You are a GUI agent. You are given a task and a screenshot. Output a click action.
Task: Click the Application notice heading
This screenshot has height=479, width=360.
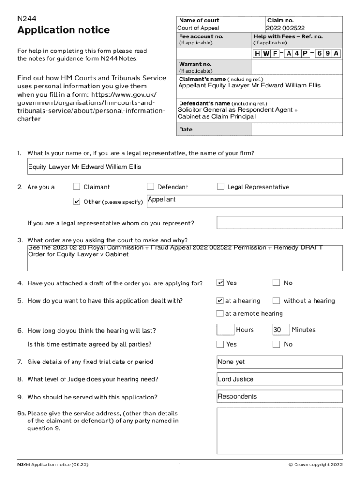[x=64, y=30]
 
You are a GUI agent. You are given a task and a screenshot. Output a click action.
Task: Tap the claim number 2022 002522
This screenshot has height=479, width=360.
[x=285, y=28]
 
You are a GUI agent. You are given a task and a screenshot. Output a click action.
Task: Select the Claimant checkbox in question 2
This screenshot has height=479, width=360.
[x=77, y=187]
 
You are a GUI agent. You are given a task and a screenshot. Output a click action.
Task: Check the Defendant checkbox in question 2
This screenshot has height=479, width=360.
[x=151, y=187]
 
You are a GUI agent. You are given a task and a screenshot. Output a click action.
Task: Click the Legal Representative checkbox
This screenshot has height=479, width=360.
[x=221, y=187]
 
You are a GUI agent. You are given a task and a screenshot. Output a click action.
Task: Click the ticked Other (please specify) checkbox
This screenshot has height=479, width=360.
[x=77, y=202]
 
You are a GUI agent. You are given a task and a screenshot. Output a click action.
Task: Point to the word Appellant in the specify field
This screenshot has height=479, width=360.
[x=162, y=200]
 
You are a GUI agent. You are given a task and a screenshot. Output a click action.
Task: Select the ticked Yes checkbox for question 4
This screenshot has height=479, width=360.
[x=220, y=283]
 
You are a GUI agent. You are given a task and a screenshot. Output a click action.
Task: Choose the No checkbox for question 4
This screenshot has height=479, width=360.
[x=276, y=283]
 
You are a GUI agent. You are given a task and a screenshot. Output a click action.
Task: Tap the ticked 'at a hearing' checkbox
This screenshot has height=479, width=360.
[x=220, y=300]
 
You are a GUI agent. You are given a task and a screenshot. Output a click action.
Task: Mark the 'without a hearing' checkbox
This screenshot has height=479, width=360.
[x=276, y=300]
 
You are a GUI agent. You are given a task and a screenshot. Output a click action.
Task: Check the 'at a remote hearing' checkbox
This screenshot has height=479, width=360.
[x=220, y=313]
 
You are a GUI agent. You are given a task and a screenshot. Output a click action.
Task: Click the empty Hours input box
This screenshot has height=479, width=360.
[x=225, y=330]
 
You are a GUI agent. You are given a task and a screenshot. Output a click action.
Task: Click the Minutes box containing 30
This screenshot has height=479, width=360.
[x=281, y=330]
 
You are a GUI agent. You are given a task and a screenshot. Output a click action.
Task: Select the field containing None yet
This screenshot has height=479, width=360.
[x=280, y=362]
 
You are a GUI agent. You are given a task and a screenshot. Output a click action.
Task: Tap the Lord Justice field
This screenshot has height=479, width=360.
[x=280, y=379]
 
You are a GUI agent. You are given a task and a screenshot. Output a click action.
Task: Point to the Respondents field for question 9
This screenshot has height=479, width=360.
[x=280, y=397]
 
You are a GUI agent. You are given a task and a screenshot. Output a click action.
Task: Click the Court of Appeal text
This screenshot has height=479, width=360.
[x=198, y=28]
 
